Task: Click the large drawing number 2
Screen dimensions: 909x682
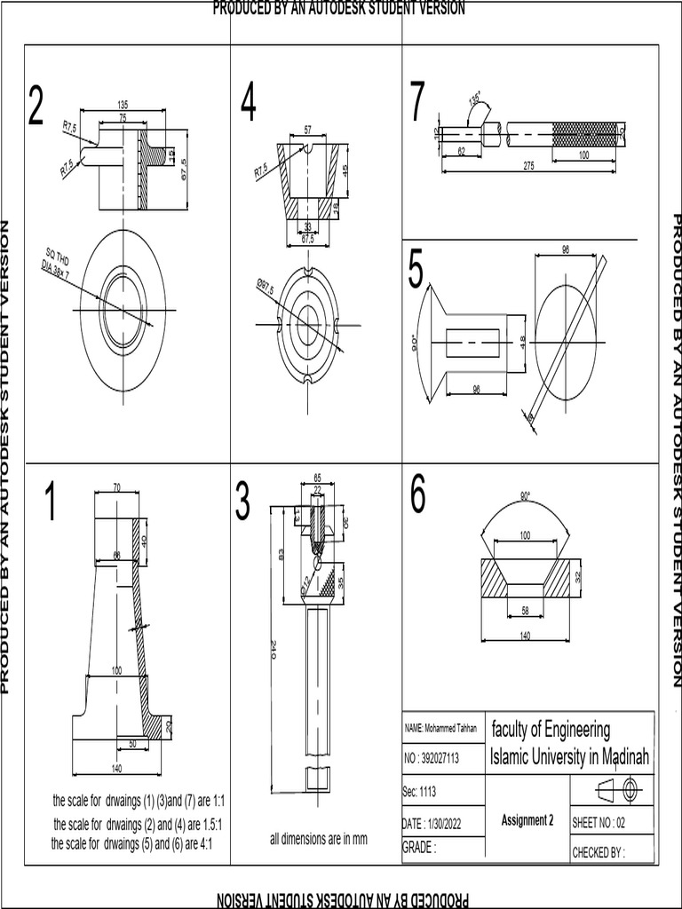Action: tap(36, 106)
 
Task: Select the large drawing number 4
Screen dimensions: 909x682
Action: tap(248, 106)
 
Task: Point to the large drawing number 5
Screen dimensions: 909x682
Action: tap(416, 270)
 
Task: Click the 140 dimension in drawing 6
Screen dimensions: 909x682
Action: tap(525, 636)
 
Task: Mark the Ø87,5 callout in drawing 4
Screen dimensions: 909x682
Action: tap(266, 288)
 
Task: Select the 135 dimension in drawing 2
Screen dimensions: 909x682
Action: tap(122, 105)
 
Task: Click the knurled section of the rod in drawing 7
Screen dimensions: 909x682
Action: tap(583, 136)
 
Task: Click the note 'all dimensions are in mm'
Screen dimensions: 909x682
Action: tap(318, 839)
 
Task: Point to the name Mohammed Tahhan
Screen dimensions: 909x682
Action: tap(441, 728)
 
